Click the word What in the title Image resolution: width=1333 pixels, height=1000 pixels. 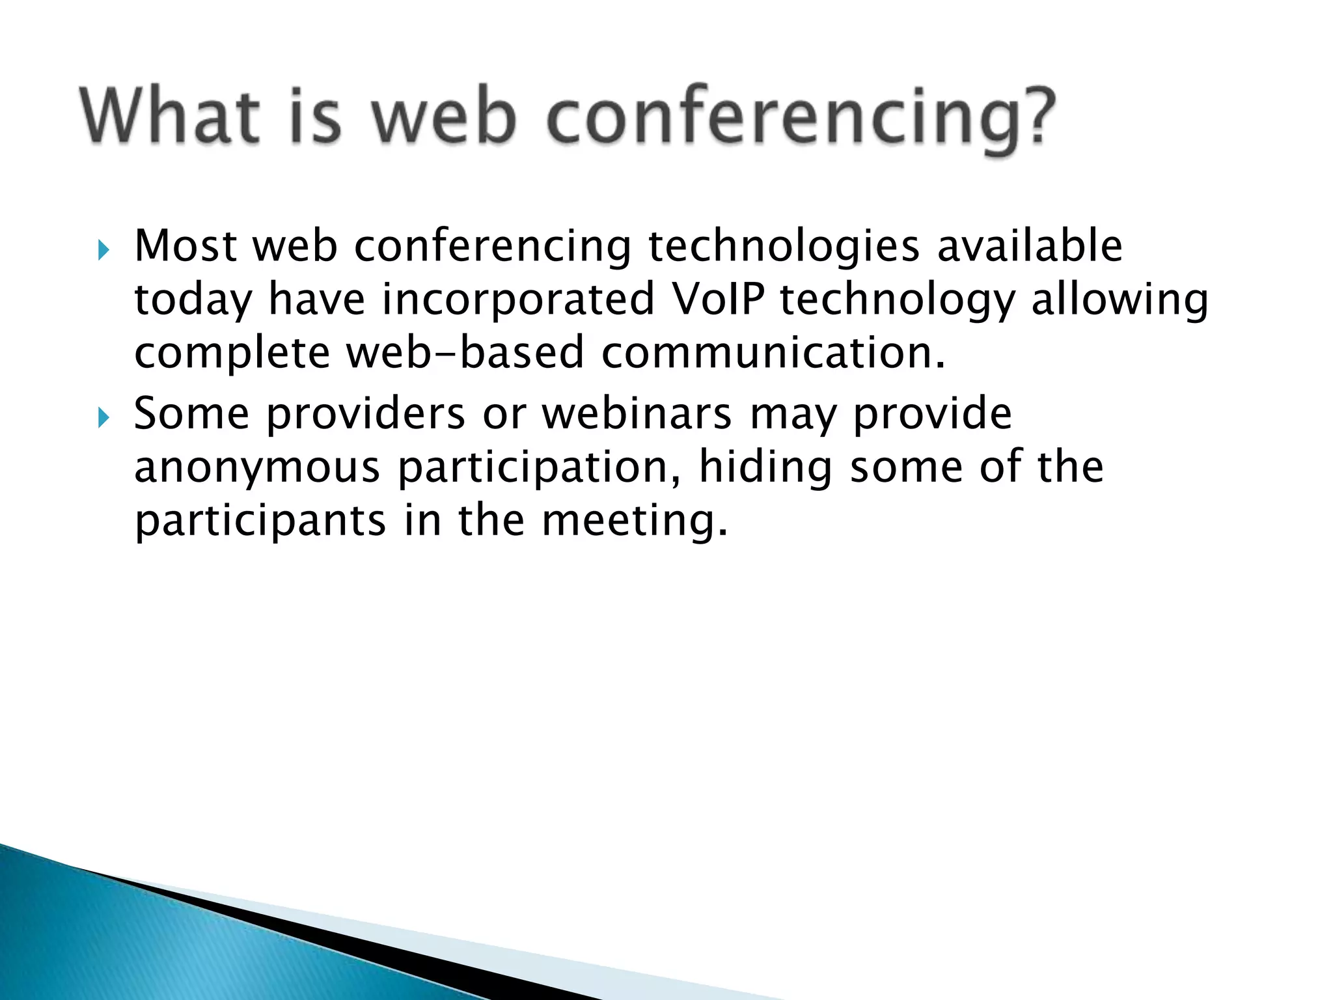[170, 116]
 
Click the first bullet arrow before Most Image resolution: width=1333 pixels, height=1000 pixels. [103, 250]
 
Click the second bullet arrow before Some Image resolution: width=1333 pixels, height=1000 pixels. [103, 418]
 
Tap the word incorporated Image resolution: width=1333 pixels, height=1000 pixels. [517, 300]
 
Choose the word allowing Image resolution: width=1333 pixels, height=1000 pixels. [1120, 300]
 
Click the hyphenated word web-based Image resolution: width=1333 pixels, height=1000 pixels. [464, 353]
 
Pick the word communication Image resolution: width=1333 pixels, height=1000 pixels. [773, 353]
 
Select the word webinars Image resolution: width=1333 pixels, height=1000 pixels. [637, 415]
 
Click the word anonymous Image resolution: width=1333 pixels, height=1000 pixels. [257, 468]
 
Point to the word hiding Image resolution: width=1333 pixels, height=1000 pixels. [765, 468]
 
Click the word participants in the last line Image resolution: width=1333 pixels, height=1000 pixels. [260, 521]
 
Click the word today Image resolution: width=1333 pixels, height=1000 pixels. [193, 300]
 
